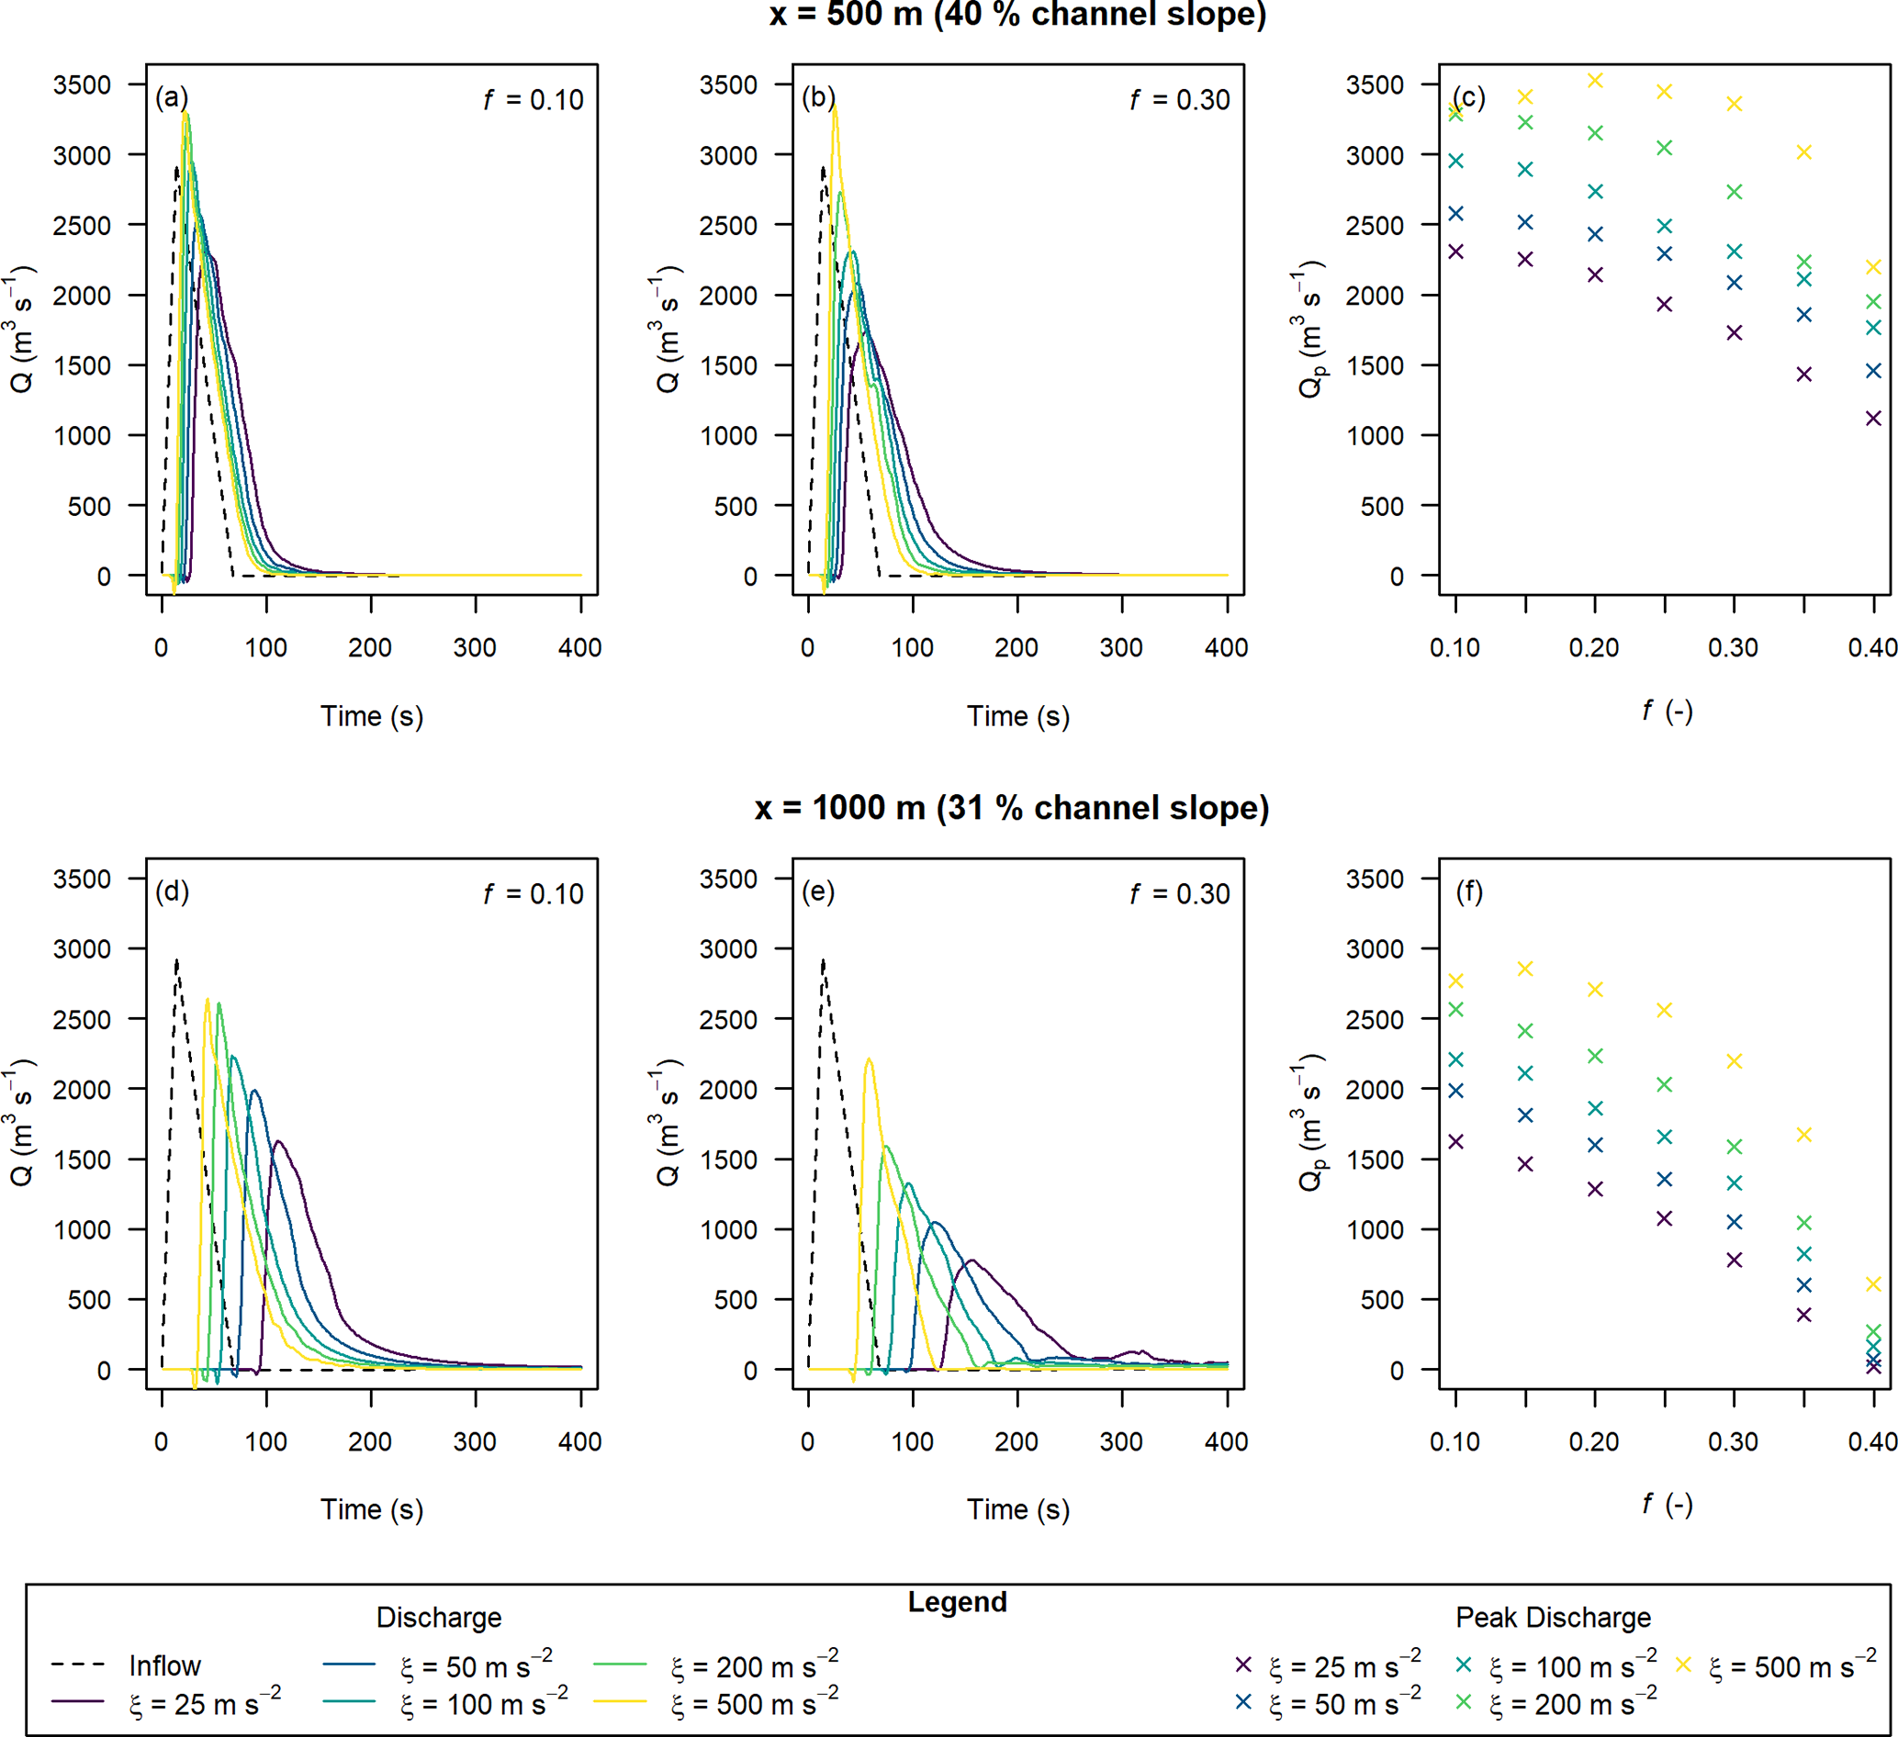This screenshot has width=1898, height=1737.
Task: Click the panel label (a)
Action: click(x=172, y=98)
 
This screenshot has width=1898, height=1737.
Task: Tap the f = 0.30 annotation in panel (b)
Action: click(x=1180, y=100)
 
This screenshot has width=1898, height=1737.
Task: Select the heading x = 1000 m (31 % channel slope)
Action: click(x=1012, y=808)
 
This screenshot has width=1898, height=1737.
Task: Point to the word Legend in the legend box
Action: click(x=957, y=1601)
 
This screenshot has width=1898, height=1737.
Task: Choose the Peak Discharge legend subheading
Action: click(x=1553, y=1618)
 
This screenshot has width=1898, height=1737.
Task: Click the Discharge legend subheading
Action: click(x=439, y=1618)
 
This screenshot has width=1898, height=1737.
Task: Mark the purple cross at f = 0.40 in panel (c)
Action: click(x=1873, y=418)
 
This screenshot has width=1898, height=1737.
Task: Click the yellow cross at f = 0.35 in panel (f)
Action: click(x=1803, y=1136)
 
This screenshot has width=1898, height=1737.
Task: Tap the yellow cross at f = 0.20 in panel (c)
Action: click(x=1595, y=81)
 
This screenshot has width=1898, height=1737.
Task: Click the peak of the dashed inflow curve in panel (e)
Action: click(x=824, y=961)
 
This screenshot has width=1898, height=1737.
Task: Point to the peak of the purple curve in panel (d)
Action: click(x=277, y=1142)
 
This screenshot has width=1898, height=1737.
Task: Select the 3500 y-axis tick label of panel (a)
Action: click(x=82, y=84)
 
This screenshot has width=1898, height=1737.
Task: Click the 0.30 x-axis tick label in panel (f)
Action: click(x=1734, y=1441)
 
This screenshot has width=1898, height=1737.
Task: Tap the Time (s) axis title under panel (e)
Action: click(x=1017, y=1509)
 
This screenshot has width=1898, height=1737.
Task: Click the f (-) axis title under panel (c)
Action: click(x=1667, y=712)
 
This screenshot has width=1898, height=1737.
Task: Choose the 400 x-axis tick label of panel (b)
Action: click(x=1226, y=648)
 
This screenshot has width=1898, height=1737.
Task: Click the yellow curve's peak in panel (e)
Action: click(x=869, y=1059)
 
